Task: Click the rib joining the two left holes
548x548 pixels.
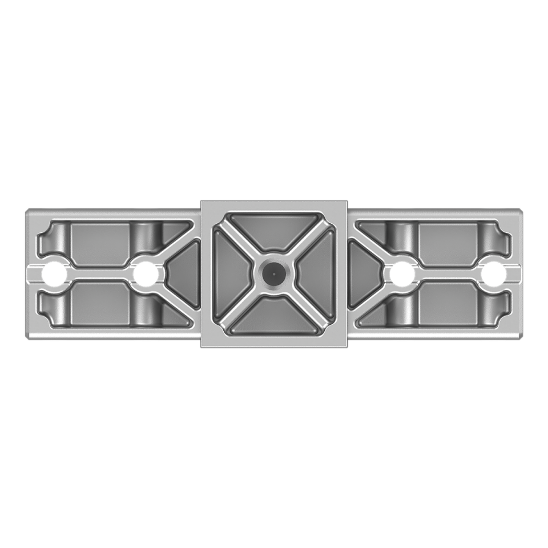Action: [101, 274]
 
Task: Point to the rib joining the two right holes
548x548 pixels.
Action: [448, 274]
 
